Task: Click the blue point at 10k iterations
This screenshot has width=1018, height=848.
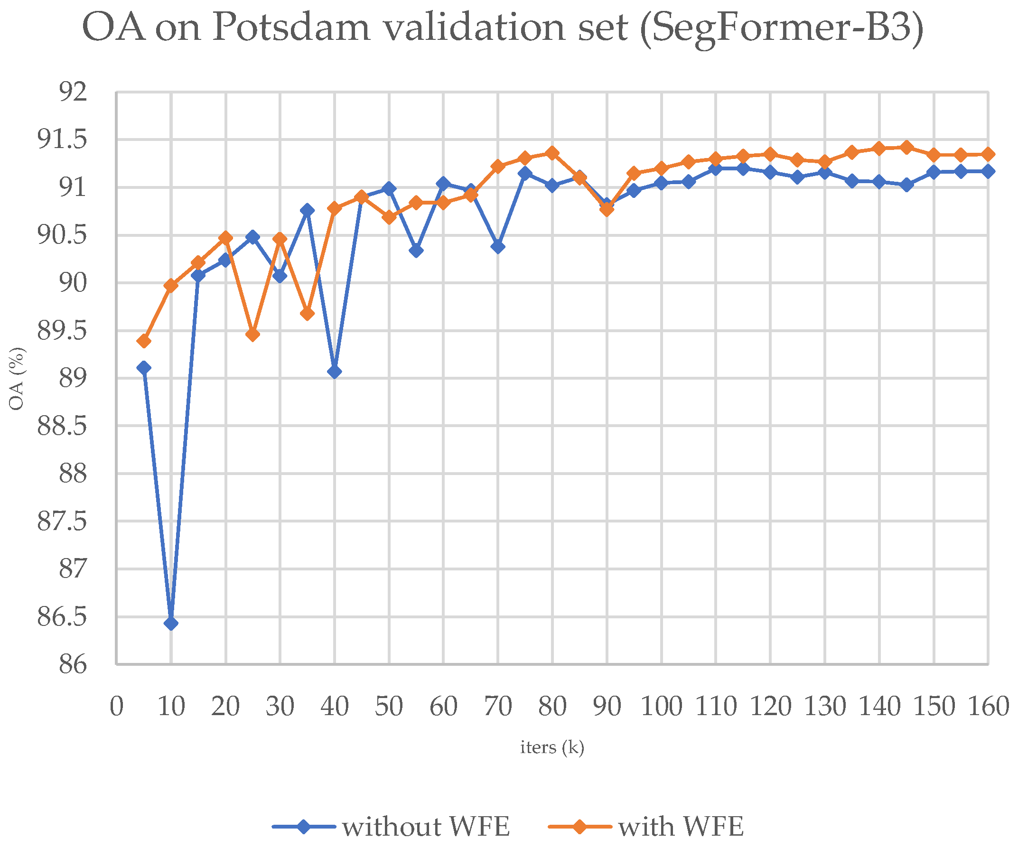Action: (x=171, y=623)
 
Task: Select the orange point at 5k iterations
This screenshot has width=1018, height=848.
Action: (x=143, y=341)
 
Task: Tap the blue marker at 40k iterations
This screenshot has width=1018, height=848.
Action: (x=335, y=372)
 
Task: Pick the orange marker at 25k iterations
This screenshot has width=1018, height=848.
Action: (x=252, y=335)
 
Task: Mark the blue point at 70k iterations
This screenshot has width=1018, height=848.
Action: (x=498, y=247)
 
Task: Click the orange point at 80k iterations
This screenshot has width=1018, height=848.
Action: (x=552, y=153)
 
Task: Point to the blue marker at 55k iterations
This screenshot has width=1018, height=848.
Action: (x=416, y=251)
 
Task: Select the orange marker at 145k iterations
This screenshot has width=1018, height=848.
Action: (x=906, y=147)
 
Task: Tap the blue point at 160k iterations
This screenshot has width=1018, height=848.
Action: (x=989, y=171)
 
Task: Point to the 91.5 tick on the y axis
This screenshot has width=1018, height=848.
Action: (x=62, y=140)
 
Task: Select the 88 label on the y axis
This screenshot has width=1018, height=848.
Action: (x=73, y=474)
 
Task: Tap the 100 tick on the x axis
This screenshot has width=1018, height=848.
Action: (x=661, y=707)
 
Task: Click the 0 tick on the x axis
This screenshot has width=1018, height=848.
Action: (x=116, y=707)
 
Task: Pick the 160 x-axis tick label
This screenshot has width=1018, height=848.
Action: (x=989, y=707)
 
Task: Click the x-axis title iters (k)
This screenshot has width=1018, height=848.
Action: (x=552, y=747)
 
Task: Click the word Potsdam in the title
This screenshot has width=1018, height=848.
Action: (x=291, y=28)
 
